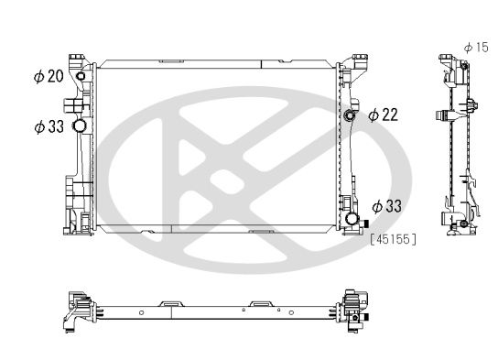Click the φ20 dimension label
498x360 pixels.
pyautogui.click(x=50, y=77)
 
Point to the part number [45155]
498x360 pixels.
pyautogui.click(x=395, y=239)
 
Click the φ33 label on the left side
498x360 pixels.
pyautogui.click(x=49, y=126)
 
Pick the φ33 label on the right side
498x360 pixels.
pyautogui.click(x=388, y=206)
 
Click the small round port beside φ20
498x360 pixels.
pyautogui.click(x=80, y=76)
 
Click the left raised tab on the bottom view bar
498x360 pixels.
pyautogui.click(x=170, y=300)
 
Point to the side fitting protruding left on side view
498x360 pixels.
pyautogui.click(x=442, y=118)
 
